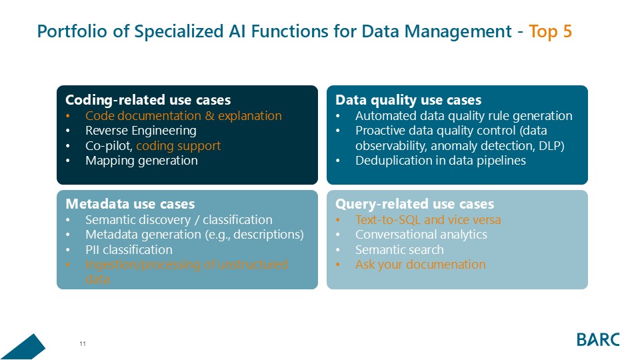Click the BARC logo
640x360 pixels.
pos(598,339)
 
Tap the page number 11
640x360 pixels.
pos(83,344)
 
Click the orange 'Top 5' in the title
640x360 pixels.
pos(550,31)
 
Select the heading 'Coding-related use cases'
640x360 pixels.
pos(147,100)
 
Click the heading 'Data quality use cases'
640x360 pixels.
pos(408,100)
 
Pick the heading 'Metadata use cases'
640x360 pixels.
pos(130,203)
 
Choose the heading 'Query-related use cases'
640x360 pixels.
pos(415,203)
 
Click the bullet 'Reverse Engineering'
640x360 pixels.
pos(141,131)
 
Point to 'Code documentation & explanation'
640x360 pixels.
pos(183,116)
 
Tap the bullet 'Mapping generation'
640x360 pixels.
pos(141,161)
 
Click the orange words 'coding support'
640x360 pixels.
pos(178,145)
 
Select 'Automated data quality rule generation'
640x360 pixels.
pos(463,116)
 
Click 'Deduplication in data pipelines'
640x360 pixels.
pos(441,161)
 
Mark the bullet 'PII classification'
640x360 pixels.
pos(129,250)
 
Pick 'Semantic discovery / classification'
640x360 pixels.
pos(179,220)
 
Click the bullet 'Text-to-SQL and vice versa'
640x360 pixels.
pos(428,220)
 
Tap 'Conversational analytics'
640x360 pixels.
pos(421,235)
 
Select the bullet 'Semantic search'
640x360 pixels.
pos(399,250)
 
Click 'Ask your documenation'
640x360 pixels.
pos(420,265)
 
